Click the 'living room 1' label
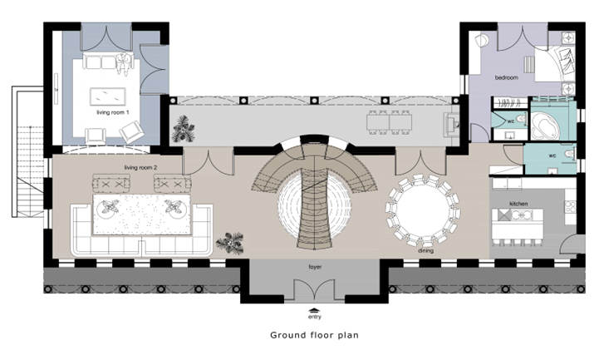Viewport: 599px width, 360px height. tap(113, 112)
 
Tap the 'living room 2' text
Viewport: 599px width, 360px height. tap(140, 167)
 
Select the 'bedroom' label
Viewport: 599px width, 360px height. tap(507, 77)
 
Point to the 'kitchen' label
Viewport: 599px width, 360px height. tap(518, 204)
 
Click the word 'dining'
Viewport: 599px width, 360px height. tap(425, 251)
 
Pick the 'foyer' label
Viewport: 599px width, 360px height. tap(315, 267)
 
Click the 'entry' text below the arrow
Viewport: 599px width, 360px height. tap(315, 317)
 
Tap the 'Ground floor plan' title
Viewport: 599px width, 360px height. tap(314, 335)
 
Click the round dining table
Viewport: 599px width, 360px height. tap(423, 210)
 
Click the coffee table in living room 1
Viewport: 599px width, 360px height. tap(108, 96)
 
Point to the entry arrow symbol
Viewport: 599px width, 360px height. tap(314, 310)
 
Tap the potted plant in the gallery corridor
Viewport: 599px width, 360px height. tap(183, 129)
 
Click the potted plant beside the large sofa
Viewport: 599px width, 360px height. tap(230, 243)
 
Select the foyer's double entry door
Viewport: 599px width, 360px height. tap(314, 289)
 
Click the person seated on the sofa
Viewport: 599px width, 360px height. tap(123, 63)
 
